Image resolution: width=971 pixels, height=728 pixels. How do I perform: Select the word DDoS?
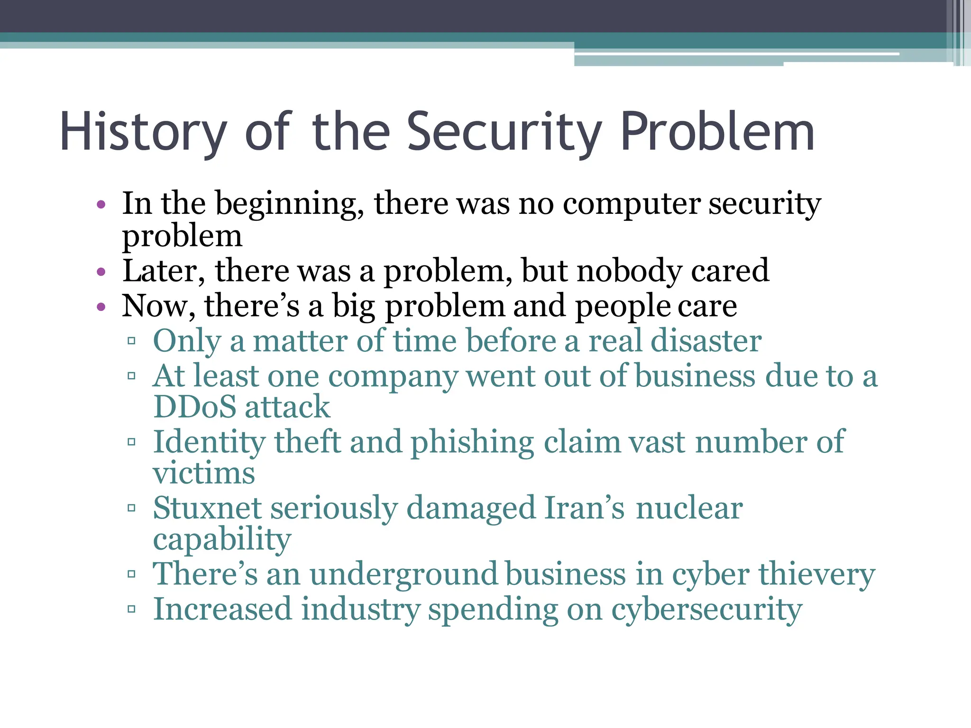195,407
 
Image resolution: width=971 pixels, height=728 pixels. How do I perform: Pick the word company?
393,377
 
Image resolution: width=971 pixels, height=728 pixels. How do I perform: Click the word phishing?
472,443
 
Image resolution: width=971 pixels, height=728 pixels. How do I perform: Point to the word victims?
204,473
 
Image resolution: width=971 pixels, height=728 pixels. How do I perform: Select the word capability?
222,540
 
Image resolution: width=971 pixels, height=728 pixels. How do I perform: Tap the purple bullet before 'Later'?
101,272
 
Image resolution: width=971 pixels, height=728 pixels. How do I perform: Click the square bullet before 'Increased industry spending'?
132,609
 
